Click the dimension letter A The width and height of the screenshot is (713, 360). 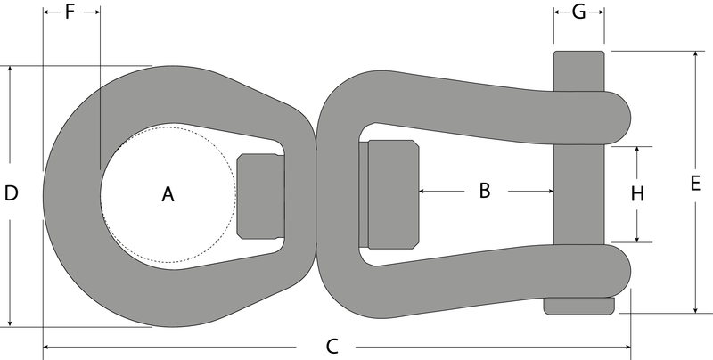pos(168,194)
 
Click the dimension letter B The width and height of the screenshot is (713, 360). pos(485,191)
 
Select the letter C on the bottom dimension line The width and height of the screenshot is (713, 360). pos(332,347)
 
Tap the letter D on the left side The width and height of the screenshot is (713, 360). pos(11,193)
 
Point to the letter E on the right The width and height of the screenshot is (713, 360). pos(695,184)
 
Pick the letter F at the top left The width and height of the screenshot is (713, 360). pos(70,12)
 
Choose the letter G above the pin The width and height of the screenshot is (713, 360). pos(578,12)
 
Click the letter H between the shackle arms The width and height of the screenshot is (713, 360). pos(637,194)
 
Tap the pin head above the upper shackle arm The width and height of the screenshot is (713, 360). pos(578,71)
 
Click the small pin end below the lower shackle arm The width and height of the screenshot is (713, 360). pos(578,306)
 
